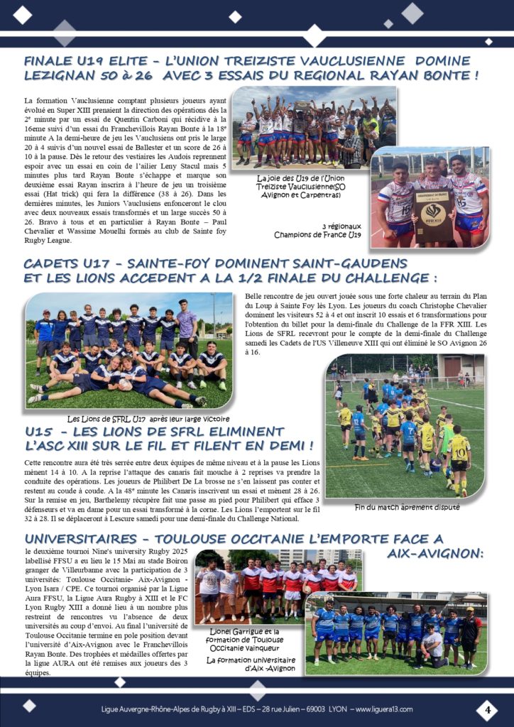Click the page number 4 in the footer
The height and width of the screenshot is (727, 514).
point(487,709)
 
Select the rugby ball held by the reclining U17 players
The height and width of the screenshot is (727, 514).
point(125,384)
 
